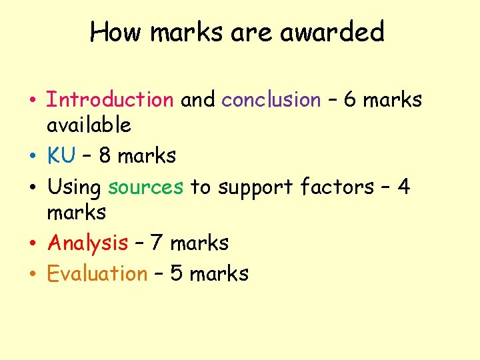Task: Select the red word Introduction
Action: (x=110, y=100)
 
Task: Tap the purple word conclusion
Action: (x=271, y=100)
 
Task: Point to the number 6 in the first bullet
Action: (x=351, y=100)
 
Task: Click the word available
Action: (x=89, y=125)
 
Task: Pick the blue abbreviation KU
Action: (x=61, y=156)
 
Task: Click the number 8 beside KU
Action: (x=105, y=156)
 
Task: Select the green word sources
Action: (x=145, y=187)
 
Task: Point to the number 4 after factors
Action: (x=403, y=187)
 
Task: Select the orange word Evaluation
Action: (x=97, y=273)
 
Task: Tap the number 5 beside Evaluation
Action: (x=177, y=273)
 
